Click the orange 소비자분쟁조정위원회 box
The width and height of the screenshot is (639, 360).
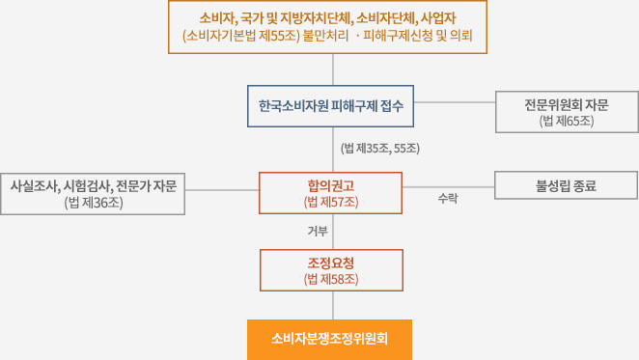point(329,339)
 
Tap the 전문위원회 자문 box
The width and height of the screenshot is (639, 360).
point(566,112)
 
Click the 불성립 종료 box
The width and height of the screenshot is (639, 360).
point(566,185)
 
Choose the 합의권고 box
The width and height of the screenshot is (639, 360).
point(330,192)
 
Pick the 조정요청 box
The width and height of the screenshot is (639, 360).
point(330,269)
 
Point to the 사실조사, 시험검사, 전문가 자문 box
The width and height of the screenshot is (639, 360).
point(94,193)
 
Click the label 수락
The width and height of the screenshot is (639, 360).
point(447,198)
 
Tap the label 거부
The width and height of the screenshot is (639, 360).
point(318,231)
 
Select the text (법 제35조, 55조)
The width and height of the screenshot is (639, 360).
point(378,149)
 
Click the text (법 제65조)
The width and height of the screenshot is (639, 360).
point(566,122)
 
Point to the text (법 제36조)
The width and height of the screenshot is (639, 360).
point(94,203)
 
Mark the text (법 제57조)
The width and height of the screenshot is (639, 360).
point(330,202)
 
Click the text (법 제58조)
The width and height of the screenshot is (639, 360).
point(330,279)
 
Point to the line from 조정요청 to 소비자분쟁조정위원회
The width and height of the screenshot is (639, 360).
point(333,305)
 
